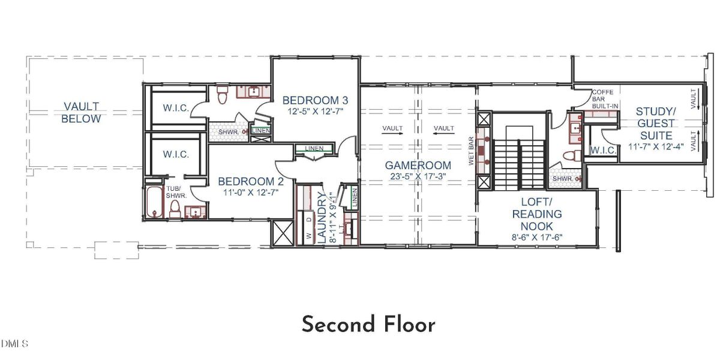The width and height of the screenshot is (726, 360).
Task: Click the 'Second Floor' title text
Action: pyautogui.click(x=368, y=325)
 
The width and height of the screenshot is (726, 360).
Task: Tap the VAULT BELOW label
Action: pyautogui.click(x=82, y=113)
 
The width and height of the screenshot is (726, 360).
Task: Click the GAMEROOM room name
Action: pyautogui.click(x=418, y=164)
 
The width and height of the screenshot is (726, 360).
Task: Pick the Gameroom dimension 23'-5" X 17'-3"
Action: pyautogui.click(x=418, y=177)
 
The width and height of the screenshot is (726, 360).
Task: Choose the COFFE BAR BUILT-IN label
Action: pyautogui.click(x=605, y=99)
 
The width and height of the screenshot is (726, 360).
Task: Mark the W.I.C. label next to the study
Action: pyautogui.click(x=602, y=150)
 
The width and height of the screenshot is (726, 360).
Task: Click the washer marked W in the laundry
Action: pyautogui.click(x=309, y=236)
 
